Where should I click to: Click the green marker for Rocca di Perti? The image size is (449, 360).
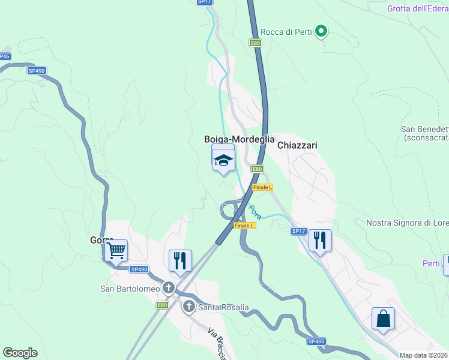pos(321,31)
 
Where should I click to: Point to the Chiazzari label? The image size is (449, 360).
pos(297,145)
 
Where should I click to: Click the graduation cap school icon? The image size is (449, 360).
pos(223,160)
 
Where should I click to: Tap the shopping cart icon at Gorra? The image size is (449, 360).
pos(116,251)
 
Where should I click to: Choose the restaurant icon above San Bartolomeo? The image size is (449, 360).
pos(180,260)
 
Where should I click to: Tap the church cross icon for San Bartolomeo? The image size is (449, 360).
pos(169,288)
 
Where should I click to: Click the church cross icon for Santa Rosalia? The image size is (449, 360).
pos(188,307)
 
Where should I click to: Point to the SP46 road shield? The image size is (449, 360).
pos(4,56)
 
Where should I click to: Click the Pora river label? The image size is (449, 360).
pos(255,211)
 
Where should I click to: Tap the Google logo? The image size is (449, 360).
pos(20,353)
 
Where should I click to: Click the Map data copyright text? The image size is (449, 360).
pos(424,355)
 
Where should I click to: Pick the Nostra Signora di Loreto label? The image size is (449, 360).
pos(408,223)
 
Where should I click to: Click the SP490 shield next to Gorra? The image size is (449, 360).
pos(139,269)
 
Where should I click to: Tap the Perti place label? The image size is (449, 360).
pos(431,263)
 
